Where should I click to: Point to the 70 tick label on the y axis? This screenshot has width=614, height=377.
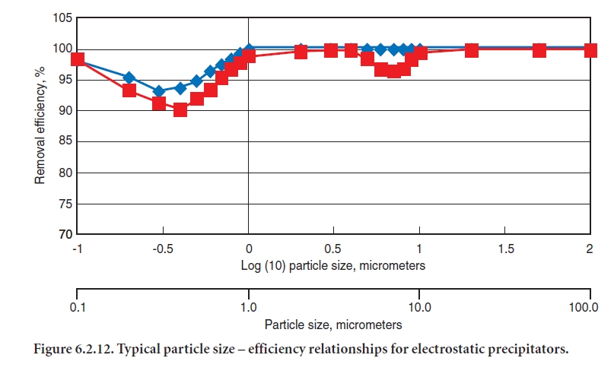point(63,235)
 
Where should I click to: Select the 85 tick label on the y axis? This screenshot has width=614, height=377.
point(63,141)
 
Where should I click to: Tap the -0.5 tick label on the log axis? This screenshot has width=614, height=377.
point(162,249)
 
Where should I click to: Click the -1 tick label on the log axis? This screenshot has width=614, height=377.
point(77,249)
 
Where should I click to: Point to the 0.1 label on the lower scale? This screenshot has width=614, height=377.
point(77,308)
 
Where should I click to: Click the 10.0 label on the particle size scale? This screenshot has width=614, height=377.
point(419,308)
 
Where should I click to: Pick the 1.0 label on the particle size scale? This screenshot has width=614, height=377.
point(248,308)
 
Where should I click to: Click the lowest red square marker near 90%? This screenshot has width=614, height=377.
point(180,109)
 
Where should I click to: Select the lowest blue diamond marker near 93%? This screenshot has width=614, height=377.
point(159,91)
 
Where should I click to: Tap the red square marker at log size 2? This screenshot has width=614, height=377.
point(590,50)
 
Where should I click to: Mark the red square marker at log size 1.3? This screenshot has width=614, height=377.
point(471,50)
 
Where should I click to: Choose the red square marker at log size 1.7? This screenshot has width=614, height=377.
point(539,50)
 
